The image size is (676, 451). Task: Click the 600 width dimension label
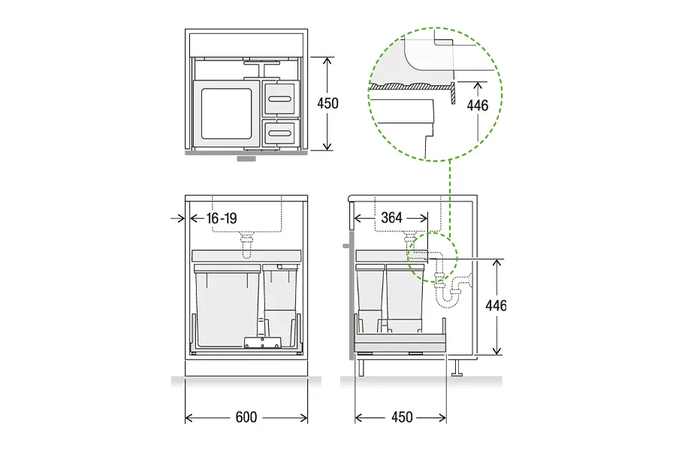click(246, 417)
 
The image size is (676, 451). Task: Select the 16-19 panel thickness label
click(222, 219)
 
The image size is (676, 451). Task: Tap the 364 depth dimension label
click(391, 217)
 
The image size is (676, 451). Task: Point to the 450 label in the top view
click(327, 104)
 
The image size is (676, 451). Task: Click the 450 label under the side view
click(402, 417)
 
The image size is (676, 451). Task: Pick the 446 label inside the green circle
click(478, 105)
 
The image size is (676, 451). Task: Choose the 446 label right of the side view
click(496, 306)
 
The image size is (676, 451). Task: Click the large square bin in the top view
click(226, 114)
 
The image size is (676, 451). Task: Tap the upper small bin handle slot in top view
click(280, 98)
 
